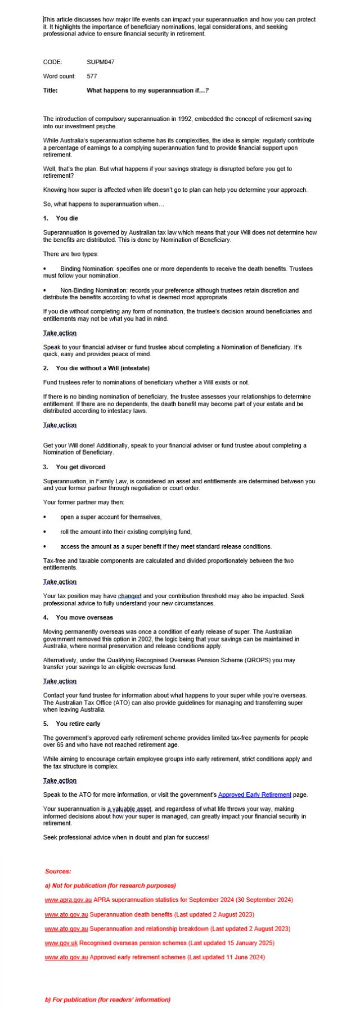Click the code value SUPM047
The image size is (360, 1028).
click(101, 62)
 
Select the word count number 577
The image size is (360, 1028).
click(92, 76)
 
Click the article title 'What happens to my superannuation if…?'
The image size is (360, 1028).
click(148, 91)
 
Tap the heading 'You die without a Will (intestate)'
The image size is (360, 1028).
click(102, 368)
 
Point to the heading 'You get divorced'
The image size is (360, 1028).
click(80, 467)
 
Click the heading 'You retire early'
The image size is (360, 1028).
click(78, 724)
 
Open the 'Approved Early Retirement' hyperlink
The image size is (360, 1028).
click(254, 794)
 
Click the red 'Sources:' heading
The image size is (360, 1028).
click(58, 871)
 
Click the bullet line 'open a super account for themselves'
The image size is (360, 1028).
click(111, 517)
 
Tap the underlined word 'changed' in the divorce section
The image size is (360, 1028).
click(129, 596)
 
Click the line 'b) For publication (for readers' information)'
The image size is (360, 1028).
click(107, 999)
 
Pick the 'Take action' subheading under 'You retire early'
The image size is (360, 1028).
click(60, 780)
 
